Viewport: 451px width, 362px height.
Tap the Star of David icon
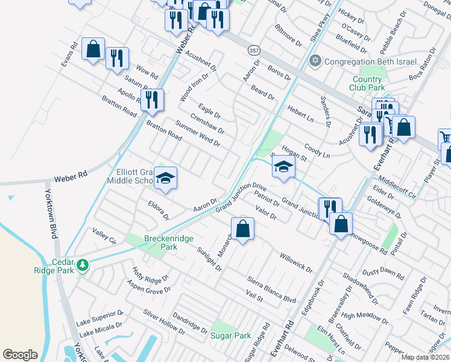pos(314,61)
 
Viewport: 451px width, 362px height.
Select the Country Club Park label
pos(367,83)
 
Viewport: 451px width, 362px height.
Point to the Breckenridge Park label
pos(169,238)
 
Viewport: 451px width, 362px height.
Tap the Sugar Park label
pos(231,335)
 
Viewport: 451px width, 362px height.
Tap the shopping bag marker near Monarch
pos(242,229)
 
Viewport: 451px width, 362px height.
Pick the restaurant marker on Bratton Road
pos(152,100)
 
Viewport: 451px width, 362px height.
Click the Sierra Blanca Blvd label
pos(272,290)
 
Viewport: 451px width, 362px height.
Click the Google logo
pos(20,355)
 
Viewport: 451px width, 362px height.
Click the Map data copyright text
pos(425,357)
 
